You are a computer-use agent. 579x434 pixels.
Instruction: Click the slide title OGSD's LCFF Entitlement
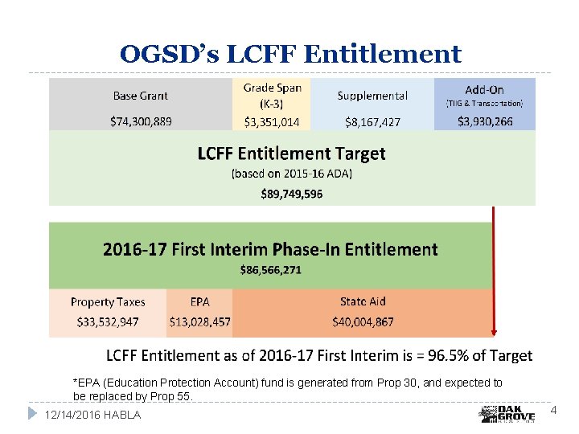tap(290, 54)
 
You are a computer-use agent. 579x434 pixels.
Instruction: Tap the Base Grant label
tap(140, 96)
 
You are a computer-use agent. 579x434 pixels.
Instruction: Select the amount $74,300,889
tap(140, 121)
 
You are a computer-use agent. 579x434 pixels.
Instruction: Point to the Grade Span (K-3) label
tap(272, 96)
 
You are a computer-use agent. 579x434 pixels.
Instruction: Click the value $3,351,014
tap(272, 122)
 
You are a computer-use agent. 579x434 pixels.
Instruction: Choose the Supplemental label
tap(372, 96)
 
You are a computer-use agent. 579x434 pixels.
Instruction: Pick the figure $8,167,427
tap(372, 122)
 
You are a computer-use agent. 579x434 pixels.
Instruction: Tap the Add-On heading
tap(484, 89)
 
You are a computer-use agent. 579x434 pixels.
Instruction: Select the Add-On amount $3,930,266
tap(484, 121)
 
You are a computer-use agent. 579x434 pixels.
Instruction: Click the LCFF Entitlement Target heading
tap(292, 153)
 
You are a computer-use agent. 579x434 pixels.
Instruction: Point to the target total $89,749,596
tap(292, 193)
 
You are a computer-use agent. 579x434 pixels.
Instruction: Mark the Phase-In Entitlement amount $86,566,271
tap(270, 270)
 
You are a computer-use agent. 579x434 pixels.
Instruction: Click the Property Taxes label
tap(108, 302)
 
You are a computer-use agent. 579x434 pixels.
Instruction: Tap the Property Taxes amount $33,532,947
tap(108, 321)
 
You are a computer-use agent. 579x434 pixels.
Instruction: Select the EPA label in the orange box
tap(199, 302)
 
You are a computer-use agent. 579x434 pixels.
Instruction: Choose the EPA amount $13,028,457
tap(199, 321)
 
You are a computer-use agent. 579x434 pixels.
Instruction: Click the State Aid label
tap(363, 301)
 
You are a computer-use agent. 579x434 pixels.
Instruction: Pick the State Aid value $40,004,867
tap(363, 321)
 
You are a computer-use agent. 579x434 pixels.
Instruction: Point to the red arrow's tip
tap(494, 335)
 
